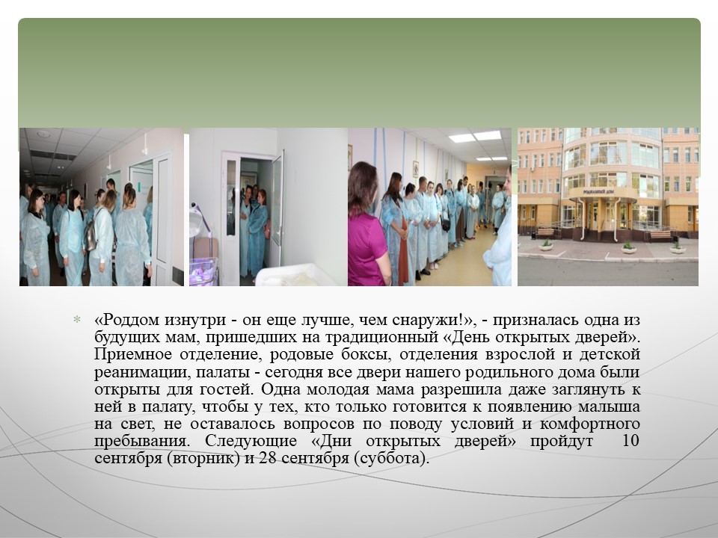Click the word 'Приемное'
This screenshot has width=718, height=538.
tap(133, 355)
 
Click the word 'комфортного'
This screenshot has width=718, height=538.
tap(590, 424)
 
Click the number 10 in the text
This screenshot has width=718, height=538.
tap(630, 441)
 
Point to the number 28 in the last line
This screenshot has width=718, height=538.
tap(268, 458)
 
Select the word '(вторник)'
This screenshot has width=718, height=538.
tap(203, 458)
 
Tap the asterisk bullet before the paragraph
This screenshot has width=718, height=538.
tap(77, 319)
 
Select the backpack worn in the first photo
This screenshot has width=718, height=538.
tap(91, 235)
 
